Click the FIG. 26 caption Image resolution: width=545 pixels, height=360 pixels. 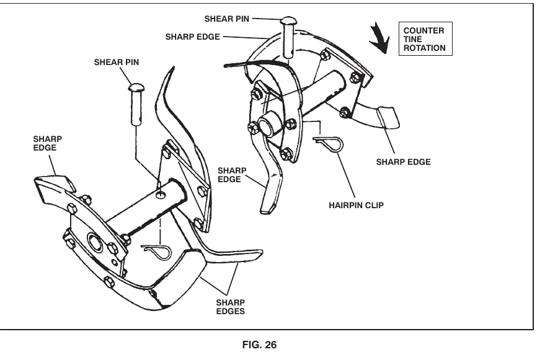tap(259, 345)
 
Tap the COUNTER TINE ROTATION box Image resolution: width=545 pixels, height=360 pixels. tap(425, 39)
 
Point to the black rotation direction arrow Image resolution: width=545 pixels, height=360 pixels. tap(379, 38)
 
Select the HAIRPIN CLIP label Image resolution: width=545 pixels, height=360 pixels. tap(357, 205)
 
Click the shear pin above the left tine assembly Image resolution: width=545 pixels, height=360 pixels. tap(136, 104)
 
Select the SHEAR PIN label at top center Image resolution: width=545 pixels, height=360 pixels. tap(227, 19)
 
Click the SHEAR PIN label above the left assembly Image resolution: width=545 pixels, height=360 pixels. tap(117, 62)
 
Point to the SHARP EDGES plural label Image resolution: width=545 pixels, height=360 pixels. tap(231, 307)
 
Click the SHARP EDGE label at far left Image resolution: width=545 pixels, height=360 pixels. tap(48, 143)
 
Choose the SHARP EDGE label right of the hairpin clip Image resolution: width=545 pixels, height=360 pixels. tap(403, 162)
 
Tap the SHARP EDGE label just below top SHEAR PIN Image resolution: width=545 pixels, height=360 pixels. tap(193, 37)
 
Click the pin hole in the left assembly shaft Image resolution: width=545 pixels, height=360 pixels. tap(160, 195)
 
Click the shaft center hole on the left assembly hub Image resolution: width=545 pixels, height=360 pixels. tap(95, 242)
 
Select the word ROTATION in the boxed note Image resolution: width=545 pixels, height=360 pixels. tap(424, 48)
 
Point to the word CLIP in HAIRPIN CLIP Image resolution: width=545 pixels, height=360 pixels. tap(374, 205)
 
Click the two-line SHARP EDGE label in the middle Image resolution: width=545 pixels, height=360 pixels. tap(232, 175)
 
